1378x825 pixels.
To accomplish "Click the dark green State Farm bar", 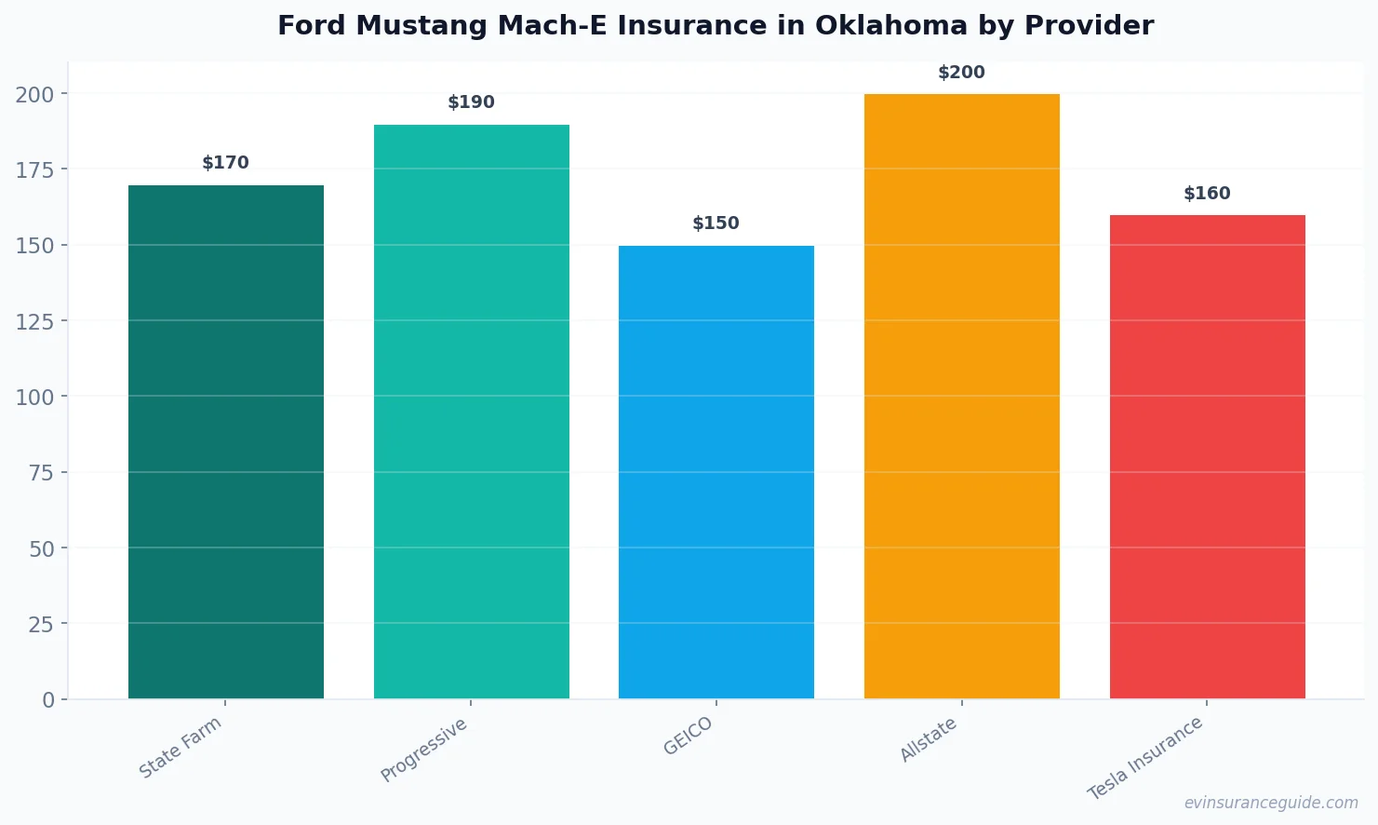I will [x=226, y=442].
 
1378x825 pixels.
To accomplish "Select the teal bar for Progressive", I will [x=471, y=412].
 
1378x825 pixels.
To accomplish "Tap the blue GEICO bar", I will [x=716, y=472].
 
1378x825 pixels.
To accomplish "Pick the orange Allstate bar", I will [x=961, y=396].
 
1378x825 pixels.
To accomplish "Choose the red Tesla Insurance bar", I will [x=1207, y=456].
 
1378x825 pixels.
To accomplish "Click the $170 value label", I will [x=225, y=163].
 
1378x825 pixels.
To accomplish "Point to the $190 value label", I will [x=471, y=102].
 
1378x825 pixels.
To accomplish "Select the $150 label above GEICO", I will [x=716, y=223].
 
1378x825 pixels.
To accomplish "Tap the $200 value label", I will [x=961, y=73].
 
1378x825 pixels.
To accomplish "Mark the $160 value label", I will [x=1207, y=194].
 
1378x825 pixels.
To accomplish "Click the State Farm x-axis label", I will [x=181, y=747].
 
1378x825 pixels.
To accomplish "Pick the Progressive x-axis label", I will [x=424, y=750].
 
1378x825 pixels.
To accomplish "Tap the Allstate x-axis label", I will [x=928, y=740].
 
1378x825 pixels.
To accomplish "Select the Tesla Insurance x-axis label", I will [x=1145, y=758].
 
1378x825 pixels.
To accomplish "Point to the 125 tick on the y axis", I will [x=34, y=321].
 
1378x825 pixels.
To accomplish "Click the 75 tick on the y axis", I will [x=41, y=473].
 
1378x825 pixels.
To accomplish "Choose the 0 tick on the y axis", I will [x=48, y=700].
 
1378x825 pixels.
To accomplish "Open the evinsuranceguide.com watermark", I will [x=1271, y=803].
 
